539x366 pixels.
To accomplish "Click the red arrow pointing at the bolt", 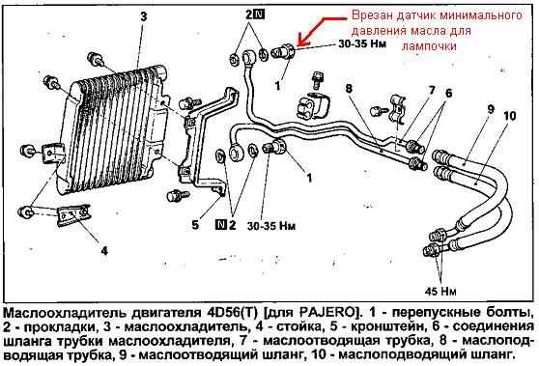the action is [322, 30].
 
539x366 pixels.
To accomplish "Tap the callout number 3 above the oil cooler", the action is [143, 16].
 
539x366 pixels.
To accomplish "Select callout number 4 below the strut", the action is [104, 250].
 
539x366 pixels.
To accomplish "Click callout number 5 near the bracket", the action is [195, 225].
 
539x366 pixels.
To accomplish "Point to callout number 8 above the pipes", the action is [349, 89].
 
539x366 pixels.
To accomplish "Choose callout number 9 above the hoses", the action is [492, 109].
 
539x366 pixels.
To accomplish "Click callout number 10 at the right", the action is [510, 116].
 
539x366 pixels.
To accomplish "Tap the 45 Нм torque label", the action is [440, 292].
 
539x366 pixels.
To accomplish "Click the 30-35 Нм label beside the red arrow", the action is [362, 43].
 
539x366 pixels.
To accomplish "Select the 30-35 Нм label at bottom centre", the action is [271, 226].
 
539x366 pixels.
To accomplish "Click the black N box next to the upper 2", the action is [259, 14].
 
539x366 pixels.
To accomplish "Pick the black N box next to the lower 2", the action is [220, 225].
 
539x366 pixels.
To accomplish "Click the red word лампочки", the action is [429, 46].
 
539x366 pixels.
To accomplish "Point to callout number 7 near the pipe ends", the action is [432, 90].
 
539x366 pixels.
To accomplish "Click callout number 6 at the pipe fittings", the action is [448, 93].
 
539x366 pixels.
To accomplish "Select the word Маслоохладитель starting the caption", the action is [67, 313].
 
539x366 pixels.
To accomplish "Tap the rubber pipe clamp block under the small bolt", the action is [312, 105].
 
